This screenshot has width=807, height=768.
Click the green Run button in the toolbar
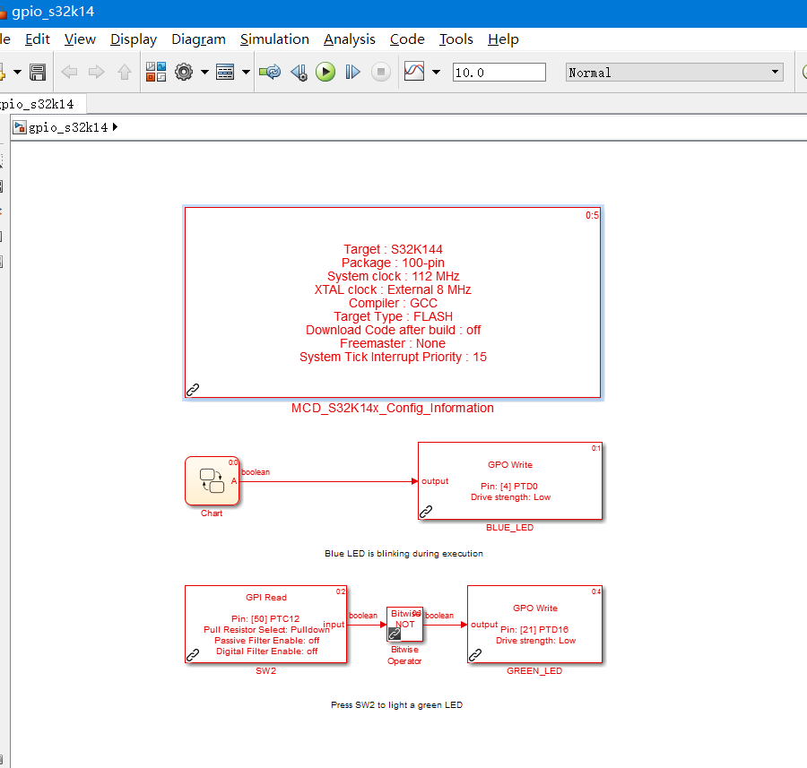coord(325,72)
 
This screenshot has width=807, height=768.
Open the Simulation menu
coord(274,39)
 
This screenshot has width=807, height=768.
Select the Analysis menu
coord(350,39)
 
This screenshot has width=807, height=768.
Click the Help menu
coord(503,39)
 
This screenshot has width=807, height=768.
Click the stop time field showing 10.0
coord(499,72)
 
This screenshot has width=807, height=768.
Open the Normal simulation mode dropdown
coord(674,72)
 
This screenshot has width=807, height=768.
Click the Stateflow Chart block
coord(212,481)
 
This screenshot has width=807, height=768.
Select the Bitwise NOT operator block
coord(405,624)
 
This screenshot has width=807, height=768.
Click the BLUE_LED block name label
coord(509,527)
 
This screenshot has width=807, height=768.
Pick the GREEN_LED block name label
coord(534,671)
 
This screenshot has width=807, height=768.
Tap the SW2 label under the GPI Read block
coord(266,671)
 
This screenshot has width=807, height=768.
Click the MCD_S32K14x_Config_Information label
coord(393,408)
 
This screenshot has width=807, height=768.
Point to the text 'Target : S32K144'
coord(394,249)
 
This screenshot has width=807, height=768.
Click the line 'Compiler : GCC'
coord(394,303)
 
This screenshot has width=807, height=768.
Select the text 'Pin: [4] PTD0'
coord(509,486)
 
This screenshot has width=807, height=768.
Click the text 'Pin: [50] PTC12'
coord(265,619)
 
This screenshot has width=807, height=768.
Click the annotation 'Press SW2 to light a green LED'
coord(397,704)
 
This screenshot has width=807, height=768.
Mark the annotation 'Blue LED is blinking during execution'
coord(404,554)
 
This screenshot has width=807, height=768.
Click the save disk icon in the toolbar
coord(38,72)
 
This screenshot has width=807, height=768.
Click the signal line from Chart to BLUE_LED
coord(329,481)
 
